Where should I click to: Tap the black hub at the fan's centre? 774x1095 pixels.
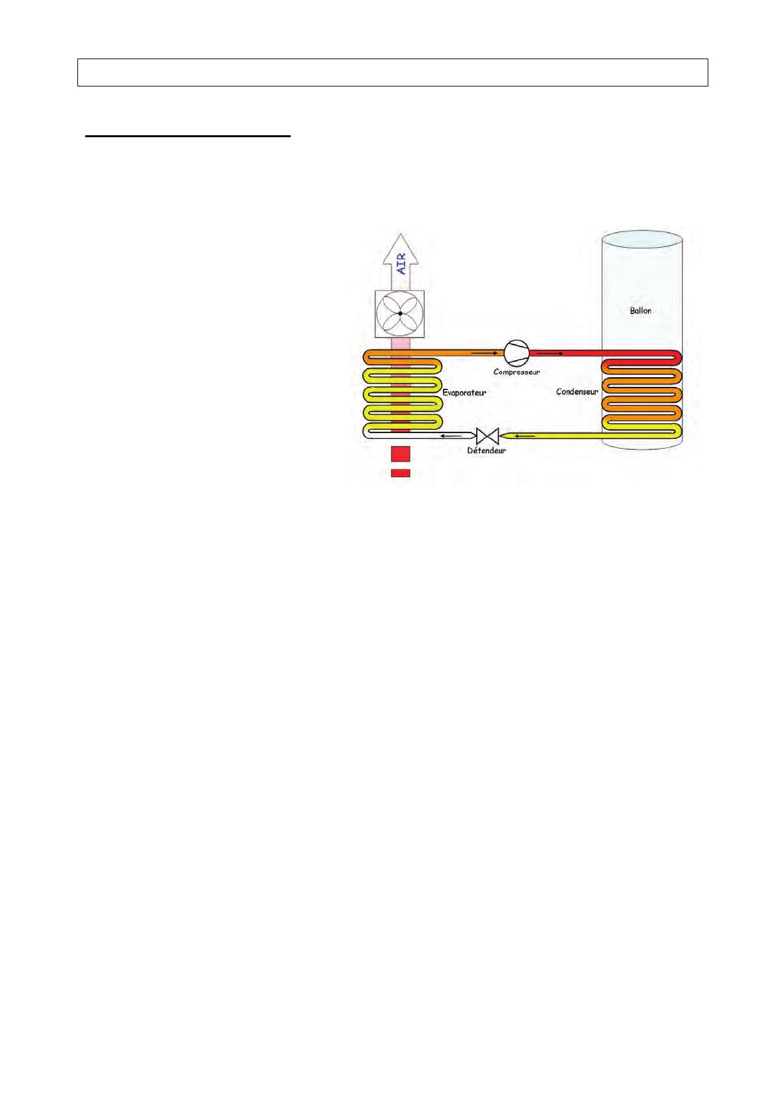pos(400,314)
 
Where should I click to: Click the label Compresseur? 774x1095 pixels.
pos(516,372)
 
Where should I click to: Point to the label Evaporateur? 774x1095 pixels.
pos(464,393)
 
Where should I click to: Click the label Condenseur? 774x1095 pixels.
pos(577,392)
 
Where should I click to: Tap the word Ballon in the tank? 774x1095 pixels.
pos(640,311)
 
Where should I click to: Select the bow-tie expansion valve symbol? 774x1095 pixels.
pos(487,435)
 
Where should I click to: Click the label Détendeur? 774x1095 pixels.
pos(486,450)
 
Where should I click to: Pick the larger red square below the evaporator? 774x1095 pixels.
pos(400,454)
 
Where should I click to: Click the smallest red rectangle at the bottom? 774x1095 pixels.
pos(400,473)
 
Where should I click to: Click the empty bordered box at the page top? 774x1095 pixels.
pos(392,72)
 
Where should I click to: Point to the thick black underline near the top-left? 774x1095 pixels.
pos(188,137)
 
